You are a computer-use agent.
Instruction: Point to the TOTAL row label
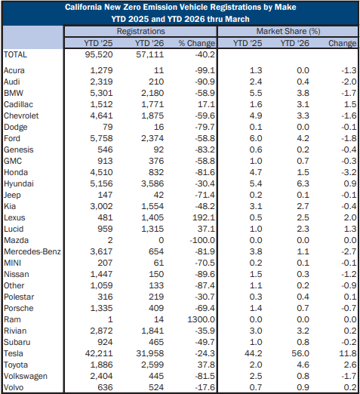[x=16, y=55]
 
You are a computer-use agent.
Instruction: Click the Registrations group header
[x=140, y=32]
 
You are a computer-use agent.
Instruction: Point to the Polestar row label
[x=20, y=296]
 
